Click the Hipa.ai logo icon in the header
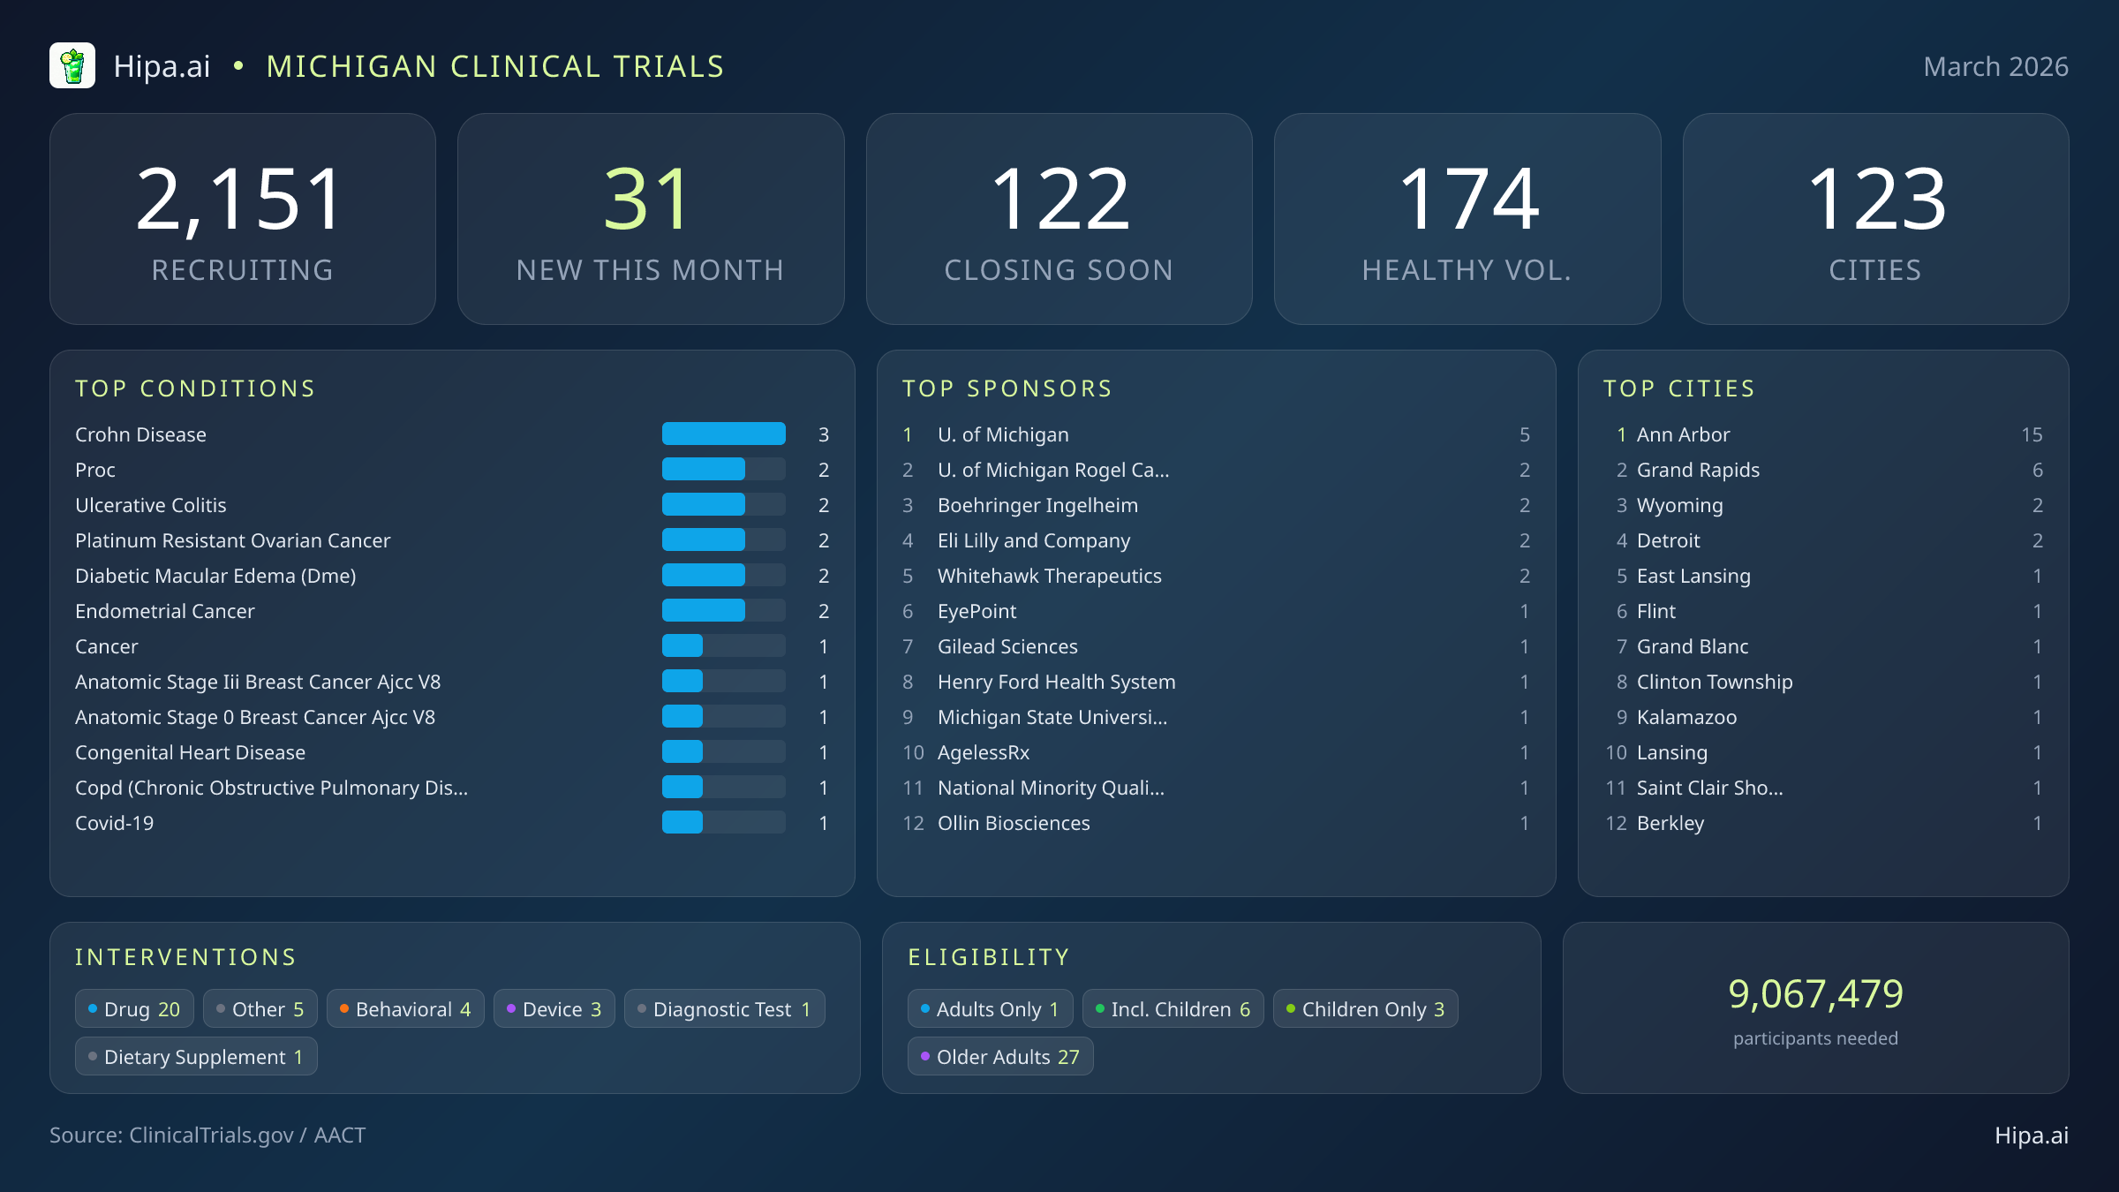[x=72, y=66]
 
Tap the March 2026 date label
[x=1995, y=67]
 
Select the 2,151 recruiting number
[x=240, y=201]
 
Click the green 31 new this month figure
[x=647, y=201]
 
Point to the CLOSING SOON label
[x=1058, y=270]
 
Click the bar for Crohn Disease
[x=723, y=434]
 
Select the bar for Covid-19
[x=682, y=823]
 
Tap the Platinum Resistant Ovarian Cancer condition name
[x=232, y=540]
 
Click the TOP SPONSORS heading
[x=1007, y=389]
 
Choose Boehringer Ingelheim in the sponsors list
[x=1037, y=505]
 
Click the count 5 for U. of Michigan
[x=1524, y=434]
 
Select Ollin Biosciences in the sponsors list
[x=1013, y=823]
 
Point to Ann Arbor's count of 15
[x=2031, y=434]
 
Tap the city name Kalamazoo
[x=1686, y=717]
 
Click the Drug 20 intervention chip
[x=134, y=1009]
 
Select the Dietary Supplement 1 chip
[x=196, y=1057]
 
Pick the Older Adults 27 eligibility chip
[x=999, y=1057]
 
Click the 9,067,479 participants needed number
[x=1815, y=994]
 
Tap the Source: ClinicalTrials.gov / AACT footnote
[x=207, y=1135]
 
